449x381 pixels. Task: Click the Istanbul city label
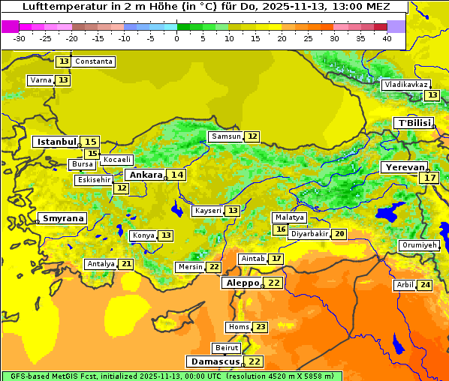(56, 142)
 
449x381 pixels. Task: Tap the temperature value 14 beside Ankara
(176, 175)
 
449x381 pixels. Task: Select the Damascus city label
(215, 361)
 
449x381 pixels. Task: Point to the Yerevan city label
(404, 167)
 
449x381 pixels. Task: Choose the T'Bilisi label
(414, 123)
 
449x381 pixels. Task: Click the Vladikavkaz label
(406, 85)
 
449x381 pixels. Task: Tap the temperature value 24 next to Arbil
(425, 285)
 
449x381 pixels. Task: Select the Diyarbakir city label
(309, 234)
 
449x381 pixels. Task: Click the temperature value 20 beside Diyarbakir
(339, 234)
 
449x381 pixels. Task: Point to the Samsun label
(226, 136)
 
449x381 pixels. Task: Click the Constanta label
(95, 61)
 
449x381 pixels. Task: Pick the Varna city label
(40, 80)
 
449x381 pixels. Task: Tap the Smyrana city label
(63, 219)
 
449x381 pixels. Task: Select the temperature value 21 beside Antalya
(126, 264)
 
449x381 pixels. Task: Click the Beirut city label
(227, 348)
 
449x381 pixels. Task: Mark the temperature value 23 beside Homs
(260, 327)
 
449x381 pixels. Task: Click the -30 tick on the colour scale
(20, 38)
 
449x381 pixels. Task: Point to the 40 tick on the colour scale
(387, 38)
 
